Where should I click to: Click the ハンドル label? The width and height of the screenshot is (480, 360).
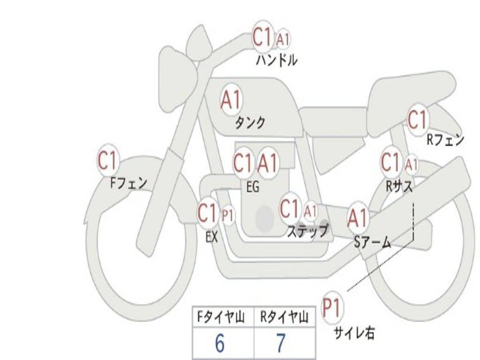pos(277,60)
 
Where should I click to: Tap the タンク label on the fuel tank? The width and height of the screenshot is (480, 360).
pos(250,122)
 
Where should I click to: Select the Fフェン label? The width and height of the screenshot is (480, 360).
pos(128,182)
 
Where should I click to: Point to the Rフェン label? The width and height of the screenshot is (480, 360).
pos(445,140)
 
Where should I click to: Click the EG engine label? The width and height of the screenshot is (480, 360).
pos(253,187)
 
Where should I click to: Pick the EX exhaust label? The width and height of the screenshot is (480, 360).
pos(212,237)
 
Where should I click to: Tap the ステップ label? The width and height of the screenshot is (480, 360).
pos(307,231)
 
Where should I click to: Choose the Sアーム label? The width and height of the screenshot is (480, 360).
pos(372,242)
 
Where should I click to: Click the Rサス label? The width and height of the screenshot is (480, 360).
pos(399,186)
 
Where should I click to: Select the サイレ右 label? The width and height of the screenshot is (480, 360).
pos(354,333)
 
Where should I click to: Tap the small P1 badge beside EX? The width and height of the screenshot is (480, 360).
pos(228,216)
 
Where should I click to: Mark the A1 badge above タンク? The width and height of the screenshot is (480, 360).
pos(231,100)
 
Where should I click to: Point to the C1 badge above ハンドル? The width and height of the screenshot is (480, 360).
pos(262,37)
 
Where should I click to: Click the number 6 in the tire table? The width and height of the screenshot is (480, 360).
pos(219,344)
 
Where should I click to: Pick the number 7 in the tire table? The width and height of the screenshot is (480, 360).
pos(280,344)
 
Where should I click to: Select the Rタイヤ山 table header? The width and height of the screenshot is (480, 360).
pos(284,318)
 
